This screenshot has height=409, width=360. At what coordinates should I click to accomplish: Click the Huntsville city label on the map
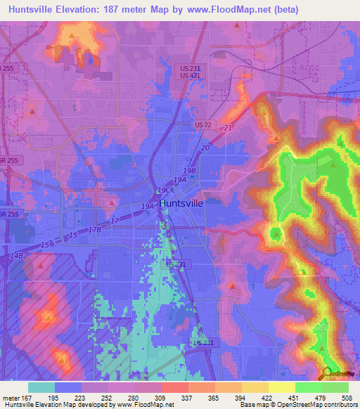point(181,203)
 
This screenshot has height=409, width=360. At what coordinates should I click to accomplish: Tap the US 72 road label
point(203,124)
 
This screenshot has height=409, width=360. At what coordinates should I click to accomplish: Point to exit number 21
point(227,127)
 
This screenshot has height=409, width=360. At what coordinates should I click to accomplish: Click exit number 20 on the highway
point(205,148)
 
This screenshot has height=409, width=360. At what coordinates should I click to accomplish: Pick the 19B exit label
point(188,170)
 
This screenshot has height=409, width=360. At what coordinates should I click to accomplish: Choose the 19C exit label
point(165,190)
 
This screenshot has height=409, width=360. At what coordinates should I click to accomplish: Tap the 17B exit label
point(96,229)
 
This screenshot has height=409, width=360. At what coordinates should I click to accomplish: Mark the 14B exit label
point(17,256)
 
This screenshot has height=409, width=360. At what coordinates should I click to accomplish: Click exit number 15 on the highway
point(46,244)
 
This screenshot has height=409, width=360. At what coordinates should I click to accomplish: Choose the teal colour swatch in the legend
point(41,387)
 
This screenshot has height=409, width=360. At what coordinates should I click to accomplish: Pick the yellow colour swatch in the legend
point(281,387)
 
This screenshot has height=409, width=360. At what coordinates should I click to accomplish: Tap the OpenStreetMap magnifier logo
point(326,372)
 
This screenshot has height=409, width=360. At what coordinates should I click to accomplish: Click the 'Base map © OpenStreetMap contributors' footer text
point(298,405)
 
